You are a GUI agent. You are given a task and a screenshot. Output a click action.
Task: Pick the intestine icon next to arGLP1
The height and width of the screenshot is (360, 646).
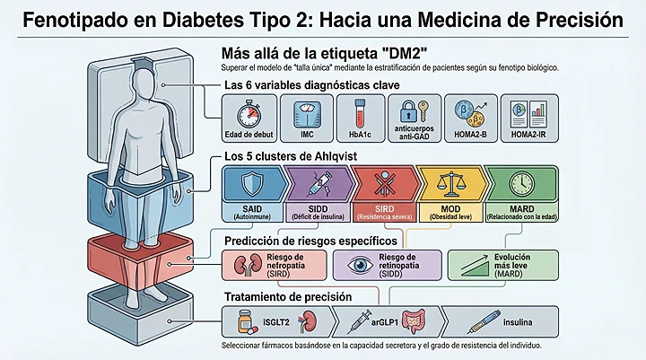pyautogui.click(x=414, y=319)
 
